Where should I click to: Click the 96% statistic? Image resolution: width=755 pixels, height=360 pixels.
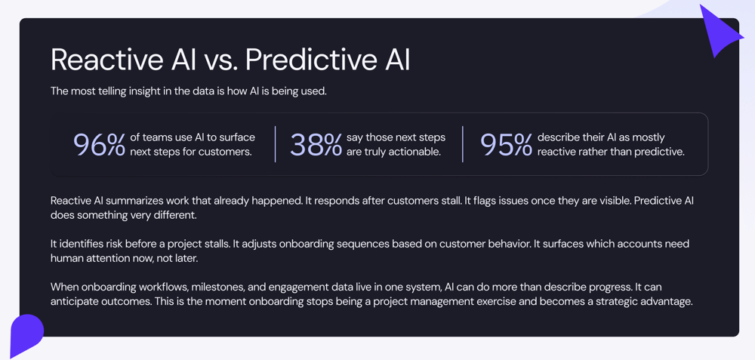[x=99, y=145]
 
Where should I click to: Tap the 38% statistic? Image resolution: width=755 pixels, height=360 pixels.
[x=316, y=145]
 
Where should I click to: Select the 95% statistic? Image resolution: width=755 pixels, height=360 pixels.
[x=506, y=145]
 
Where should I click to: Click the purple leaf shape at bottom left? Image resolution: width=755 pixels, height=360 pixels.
[x=26, y=334]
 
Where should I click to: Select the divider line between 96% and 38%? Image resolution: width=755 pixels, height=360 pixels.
[x=276, y=144]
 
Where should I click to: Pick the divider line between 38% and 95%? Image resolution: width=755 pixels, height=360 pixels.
[x=463, y=144]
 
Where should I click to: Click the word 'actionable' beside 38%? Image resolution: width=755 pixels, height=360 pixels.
[x=416, y=152]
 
